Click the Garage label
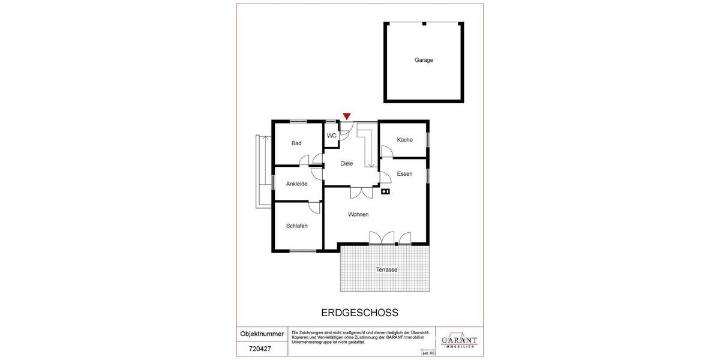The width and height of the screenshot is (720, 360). click(x=424, y=60)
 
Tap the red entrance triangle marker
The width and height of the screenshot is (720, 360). click(x=347, y=116)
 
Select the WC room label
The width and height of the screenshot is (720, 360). click(x=332, y=136)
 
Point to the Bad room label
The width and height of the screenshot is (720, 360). click(x=296, y=143)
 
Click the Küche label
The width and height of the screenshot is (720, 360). click(x=404, y=140)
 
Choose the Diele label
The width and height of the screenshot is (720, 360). click(x=346, y=163)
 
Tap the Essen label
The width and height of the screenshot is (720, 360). click(x=404, y=174)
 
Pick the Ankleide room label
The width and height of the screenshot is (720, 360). click(x=296, y=184)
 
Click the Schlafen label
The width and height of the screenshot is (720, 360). click(x=296, y=226)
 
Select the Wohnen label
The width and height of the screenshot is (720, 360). click(x=358, y=214)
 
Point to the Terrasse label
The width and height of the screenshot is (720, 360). click(x=386, y=270)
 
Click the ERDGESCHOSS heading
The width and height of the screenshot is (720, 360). click(x=360, y=313)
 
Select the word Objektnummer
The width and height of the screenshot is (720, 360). click(x=262, y=333)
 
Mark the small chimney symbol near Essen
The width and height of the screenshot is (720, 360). click(x=386, y=192)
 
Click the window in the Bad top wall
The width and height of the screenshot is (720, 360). click(x=298, y=122)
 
